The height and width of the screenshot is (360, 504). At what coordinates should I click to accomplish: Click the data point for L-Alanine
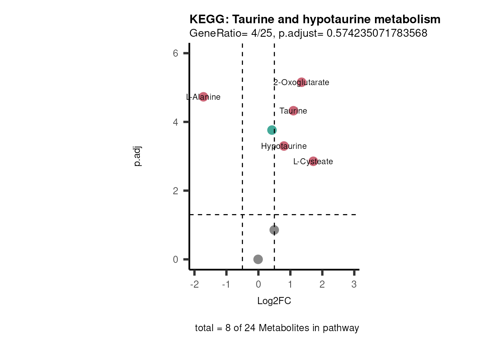click(x=203, y=97)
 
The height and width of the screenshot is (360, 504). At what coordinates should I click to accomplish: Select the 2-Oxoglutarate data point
click(x=301, y=82)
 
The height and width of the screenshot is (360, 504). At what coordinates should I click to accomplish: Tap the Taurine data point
click(x=293, y=111)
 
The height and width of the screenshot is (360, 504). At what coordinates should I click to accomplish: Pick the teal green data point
click(x=272, y=130)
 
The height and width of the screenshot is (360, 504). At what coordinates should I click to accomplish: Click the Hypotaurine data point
click(x=284, y=146)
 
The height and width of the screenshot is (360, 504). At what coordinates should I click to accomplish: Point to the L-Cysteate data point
click(x=313, y=161)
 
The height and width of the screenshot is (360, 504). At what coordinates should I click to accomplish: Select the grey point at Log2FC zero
click(x=258, y=259)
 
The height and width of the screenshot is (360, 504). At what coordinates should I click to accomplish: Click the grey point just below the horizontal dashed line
click(x=274, y=230)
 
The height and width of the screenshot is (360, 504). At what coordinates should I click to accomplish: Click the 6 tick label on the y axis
click(x=175, y=53)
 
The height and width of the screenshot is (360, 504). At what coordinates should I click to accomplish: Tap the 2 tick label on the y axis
click(x=175, y=190)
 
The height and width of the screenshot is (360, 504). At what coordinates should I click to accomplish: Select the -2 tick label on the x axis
click(x=194, y=284)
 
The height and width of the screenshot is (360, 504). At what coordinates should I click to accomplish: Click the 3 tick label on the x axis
click(x=354, y=284)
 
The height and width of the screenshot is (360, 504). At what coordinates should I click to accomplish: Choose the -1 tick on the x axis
click(x=226, y=284)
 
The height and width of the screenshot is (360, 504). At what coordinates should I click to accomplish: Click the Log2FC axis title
click(x=274, y=301)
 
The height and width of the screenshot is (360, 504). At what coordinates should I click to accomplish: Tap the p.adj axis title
click(x=137, y=156)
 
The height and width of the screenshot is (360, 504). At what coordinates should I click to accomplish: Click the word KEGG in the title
click(x=208, y=19)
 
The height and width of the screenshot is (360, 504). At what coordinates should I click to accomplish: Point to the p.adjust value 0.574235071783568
click(x=377, y=33)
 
